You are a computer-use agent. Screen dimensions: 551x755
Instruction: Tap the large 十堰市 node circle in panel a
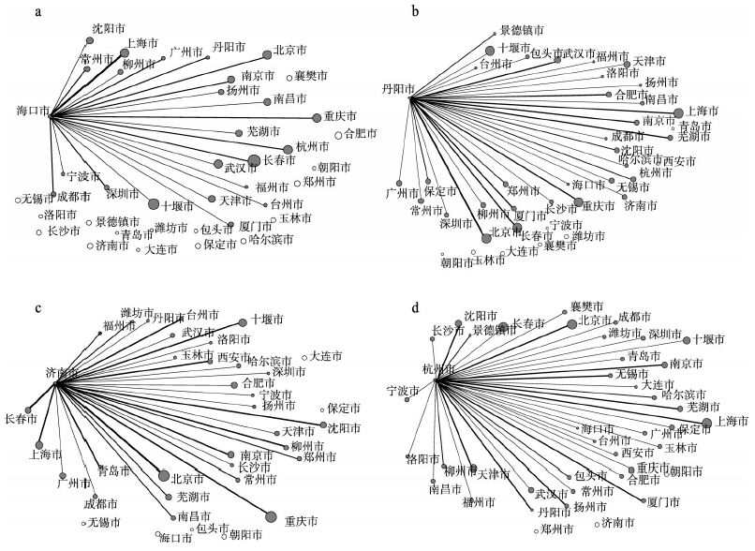click(x=154, y=203)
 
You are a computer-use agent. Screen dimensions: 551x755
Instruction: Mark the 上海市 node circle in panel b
click(x=678, y=112)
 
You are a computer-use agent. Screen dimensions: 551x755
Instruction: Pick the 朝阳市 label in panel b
click(x=459, y=262)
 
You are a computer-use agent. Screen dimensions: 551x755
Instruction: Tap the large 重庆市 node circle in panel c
click(x=273, y=514)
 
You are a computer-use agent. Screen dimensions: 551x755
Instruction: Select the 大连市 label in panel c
click(x=327, y=355)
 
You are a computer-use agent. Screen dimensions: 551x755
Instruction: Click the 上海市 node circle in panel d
click(x=706, y=424)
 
